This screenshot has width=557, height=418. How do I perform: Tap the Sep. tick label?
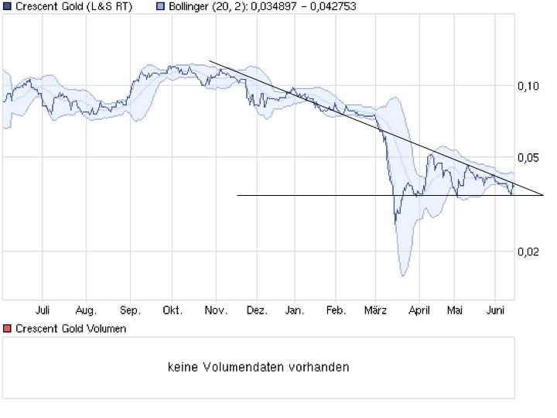pos(129,311)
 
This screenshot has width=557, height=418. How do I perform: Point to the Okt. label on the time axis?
pos(172,311)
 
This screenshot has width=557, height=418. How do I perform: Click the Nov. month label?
pos(215,311)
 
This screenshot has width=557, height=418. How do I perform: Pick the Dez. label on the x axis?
pos(257,311)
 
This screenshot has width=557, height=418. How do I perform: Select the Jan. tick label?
pos(294,311)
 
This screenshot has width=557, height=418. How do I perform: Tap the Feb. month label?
pos(335,311)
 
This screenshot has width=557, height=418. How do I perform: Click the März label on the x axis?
pos(375,311)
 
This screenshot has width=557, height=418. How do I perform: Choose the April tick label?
pos(419,311)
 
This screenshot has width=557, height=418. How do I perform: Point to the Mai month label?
pos(455,311)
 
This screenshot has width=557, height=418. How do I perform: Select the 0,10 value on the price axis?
pos(528,86)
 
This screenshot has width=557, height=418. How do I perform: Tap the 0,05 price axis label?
pos(528,158)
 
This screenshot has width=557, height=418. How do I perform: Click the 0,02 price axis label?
pos(528,252)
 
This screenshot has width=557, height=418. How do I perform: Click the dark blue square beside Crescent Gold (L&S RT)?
pos(7,7)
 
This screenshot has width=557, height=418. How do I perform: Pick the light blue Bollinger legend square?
pos(160,7)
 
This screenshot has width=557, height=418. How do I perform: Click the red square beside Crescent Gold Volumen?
pos(7,329)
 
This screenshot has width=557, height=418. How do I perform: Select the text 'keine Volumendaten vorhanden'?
pos(258,367)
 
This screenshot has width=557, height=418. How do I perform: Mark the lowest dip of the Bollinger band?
pos(402,275)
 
